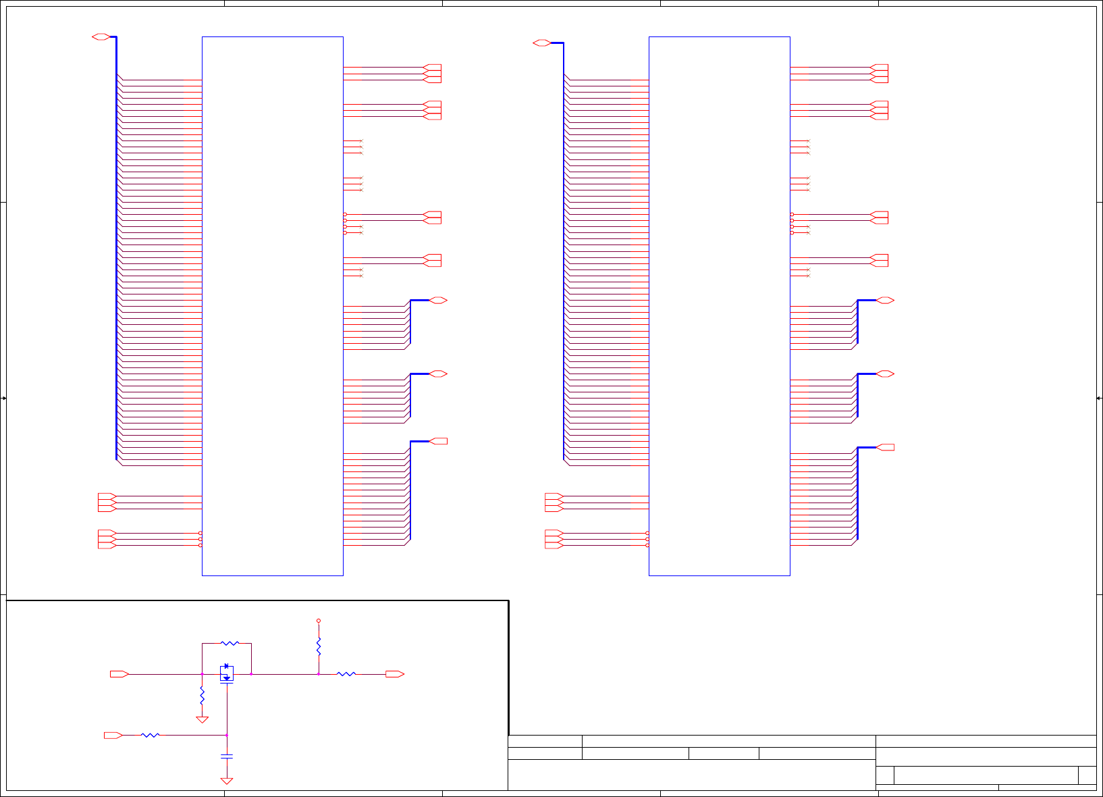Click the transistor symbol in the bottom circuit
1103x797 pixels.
click(227, 673)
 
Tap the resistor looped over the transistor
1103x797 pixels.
click(230, 643)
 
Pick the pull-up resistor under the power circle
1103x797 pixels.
click(319, 646)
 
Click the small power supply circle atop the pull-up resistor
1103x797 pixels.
click(319, 620)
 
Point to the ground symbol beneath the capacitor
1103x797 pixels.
click(227, 781)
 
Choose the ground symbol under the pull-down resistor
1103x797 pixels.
click(202, 720)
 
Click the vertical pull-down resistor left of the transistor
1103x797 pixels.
click(202, 695)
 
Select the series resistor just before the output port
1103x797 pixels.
click(346, 674)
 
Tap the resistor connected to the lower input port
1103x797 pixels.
click(150, 735)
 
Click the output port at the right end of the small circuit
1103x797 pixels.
click(395, 674)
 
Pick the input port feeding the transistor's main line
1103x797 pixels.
click(119, 674)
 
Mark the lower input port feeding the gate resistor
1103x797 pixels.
click(113, 735)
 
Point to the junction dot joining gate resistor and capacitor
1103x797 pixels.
click(227, 735)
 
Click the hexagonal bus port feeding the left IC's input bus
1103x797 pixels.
click(101, 36)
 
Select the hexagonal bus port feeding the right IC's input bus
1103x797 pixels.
click(542, 43)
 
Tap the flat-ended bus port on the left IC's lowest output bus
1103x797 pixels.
click(438, 441)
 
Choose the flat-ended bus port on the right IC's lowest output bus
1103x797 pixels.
click(885, 447)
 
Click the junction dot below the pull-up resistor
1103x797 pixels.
click(319, 674)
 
